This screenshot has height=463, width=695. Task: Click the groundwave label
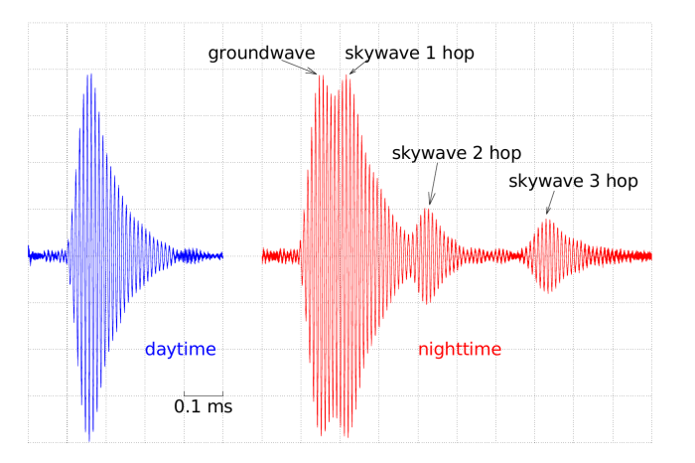point(261,54)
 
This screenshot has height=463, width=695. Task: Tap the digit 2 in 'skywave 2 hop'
point(476,153)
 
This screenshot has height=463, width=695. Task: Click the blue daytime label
point(181,349)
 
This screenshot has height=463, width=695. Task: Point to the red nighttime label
point(460,349)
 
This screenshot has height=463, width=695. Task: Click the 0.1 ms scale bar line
point(204,394)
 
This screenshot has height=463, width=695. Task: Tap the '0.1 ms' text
point(203,406)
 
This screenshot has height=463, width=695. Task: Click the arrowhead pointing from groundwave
point(315,73)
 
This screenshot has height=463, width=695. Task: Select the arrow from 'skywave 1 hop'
point(359,67)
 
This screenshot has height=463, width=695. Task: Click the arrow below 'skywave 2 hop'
point(433,184)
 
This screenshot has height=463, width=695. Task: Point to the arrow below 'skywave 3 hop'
point(550,203)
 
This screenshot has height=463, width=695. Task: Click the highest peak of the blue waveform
point(91,75)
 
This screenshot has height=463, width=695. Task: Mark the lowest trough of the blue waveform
point(89,441)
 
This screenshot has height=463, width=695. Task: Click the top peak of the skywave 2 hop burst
point(427,209)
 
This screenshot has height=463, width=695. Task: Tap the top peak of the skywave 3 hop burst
point(548,220)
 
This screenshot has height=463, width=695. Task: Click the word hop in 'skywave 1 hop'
point(459,54)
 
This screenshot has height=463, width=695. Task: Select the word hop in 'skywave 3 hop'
point(622,182)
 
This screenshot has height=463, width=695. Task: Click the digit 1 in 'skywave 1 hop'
point(430,53)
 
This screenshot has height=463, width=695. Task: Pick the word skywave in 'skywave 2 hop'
point(428,154)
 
